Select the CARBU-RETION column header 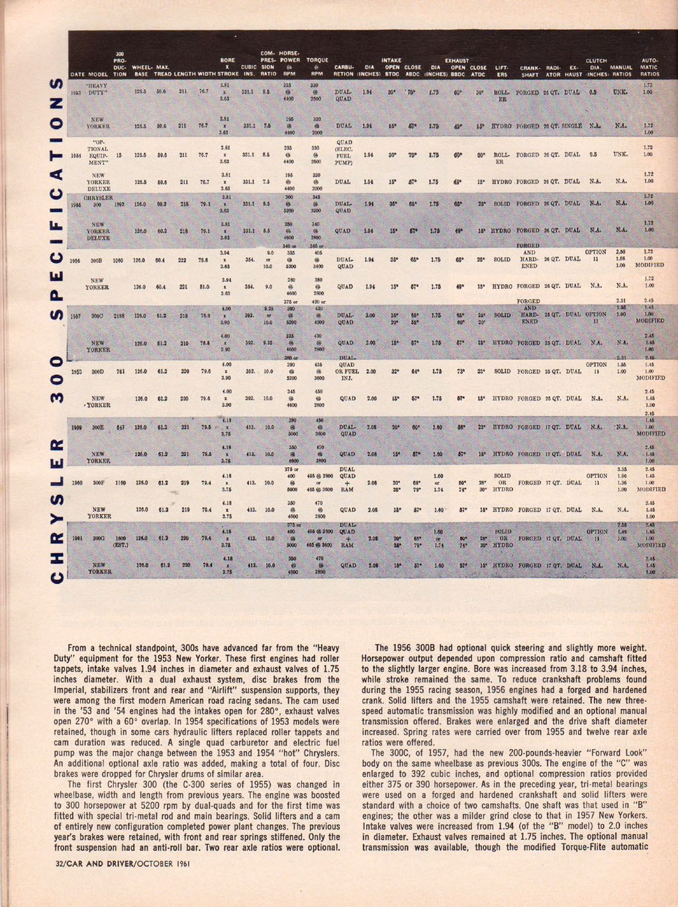[x=344, y=71]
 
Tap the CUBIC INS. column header [x=249, y=71]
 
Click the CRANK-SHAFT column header [x=529, y=71]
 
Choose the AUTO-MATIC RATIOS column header [x=650, y=67]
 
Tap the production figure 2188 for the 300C [x=120, y=316]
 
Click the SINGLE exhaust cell [x=573, y=126]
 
